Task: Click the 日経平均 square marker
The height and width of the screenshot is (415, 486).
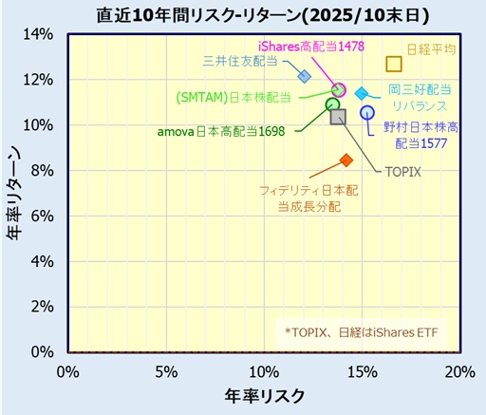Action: click(x=394, y=65)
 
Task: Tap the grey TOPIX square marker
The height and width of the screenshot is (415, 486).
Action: click(x=338, y=116)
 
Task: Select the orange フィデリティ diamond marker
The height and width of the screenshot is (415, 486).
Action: click(x=346, y=160)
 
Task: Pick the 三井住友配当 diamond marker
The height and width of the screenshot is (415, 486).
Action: click(x=305, y=76)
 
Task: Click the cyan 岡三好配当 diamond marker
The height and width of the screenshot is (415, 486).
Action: click(x=362, y=93)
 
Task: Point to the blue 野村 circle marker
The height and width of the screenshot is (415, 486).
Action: click(x=367, y=113)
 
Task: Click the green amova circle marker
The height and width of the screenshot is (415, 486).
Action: click(x=332, y=104)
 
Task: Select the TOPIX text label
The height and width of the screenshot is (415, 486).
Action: click(x=402, y=172)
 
